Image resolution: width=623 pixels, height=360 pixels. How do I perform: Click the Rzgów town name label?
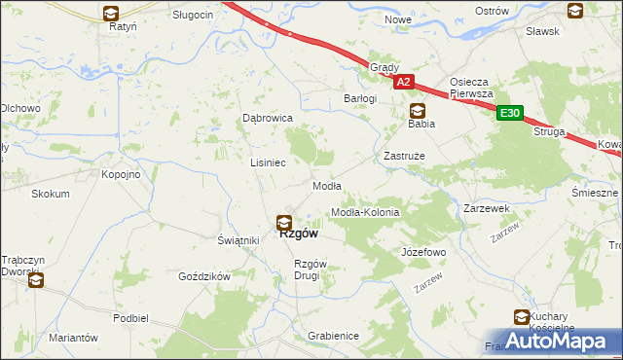pyautogui.click(x=299, y=234)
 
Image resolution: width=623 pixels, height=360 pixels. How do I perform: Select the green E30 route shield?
pyautogui.click(x=510, y=114)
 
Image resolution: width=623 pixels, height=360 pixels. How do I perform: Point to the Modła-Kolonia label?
pyautogui.click(x=365, y=212)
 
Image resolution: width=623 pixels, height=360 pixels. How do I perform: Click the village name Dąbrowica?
pyautogui.click(x=268, y=118)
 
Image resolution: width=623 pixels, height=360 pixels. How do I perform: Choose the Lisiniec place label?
pyautogui.click(x=268, y=162)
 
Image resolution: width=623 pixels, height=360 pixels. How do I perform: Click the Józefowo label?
pyautogui.click(x=423, y=252)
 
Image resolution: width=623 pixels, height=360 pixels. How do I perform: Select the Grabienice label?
pyautogui.click(x=333, y=336)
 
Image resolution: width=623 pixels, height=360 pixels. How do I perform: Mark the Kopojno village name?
pyautogui.click(x=122, y=174)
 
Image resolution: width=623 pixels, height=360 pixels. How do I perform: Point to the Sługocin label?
pyautogui.click(x=193, y=15)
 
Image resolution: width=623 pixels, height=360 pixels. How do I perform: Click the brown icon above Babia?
pyautogui.click(x=418, y=110)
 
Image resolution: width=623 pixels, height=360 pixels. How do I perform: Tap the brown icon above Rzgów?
pyautogui.click(x=284, y=222)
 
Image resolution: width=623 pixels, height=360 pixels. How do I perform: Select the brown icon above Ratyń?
pyautogui.click(x=111, y=14)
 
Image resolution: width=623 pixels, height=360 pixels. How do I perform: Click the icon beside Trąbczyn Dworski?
pyautogui.click(x=36, y=281)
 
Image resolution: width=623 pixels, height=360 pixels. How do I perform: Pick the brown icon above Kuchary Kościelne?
pyautogui.click(x=522, y=316)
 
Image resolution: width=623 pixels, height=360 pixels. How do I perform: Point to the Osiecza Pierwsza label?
pyautogui.click(x=474, y=88)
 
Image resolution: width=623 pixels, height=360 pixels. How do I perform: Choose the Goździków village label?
pyautogui.click(x=203, y=276)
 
